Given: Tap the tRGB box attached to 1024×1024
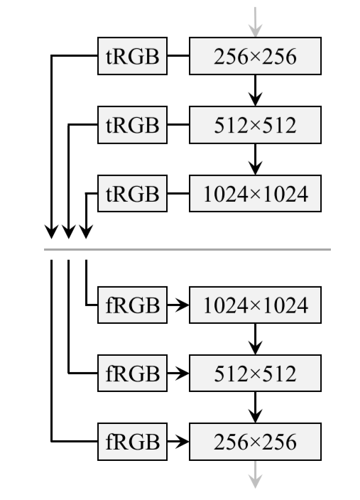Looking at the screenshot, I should click(133, 192).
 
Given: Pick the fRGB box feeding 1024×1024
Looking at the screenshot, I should click(133, 306).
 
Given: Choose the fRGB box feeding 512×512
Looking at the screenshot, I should click(133, 373).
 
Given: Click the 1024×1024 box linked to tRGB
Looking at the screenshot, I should click(256, 192).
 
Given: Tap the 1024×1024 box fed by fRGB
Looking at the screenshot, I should click(256, 306).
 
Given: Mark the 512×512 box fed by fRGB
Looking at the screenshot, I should click(256, 373).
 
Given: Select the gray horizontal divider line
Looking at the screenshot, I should click(187, 249).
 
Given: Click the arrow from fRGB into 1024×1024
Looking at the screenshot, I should click(178, 306).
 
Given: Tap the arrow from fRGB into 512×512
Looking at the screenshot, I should click(178, 373).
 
